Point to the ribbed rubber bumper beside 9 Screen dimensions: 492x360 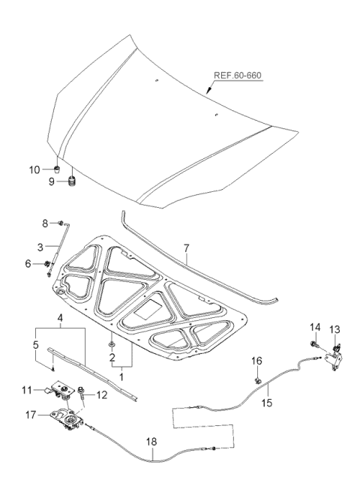coord(73,181)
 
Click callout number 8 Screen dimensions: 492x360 coord(44,223)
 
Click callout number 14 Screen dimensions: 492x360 coord(315,328)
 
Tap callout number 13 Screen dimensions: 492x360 coord(335,328)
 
